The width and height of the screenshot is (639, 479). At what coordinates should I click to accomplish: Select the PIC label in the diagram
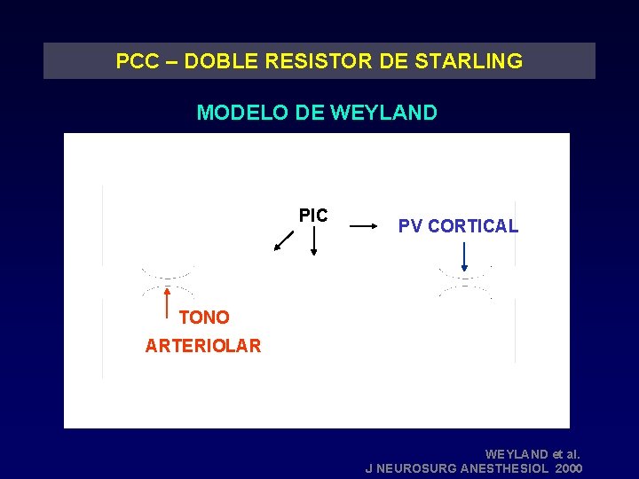[313, 216]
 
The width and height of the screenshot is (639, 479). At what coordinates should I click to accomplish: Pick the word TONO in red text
[204, 318]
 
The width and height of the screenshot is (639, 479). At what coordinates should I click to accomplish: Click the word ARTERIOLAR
[203, 346]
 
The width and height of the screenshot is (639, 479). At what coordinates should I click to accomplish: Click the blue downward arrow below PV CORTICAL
[464, 256]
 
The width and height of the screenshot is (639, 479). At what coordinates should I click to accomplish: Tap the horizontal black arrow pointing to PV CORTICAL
[364, 227]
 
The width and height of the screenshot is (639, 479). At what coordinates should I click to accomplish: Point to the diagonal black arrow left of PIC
[284, 240]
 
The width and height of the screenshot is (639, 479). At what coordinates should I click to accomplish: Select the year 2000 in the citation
[566, 467]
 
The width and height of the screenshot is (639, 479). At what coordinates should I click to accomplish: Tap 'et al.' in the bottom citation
[564, 453]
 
